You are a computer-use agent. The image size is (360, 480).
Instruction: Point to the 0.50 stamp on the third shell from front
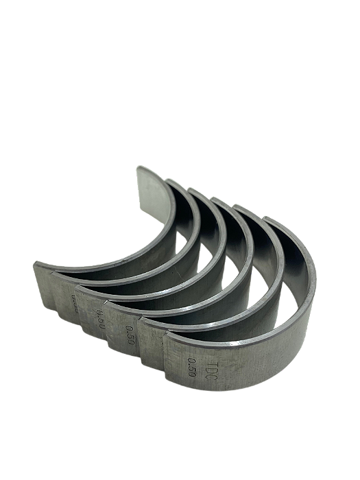click(x=101, y=320)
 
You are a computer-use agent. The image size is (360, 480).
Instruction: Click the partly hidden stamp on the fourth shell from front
click(x=74, y=302)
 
